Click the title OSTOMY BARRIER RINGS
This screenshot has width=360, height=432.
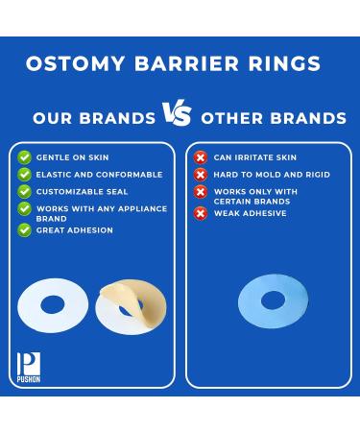[x=172, y=64]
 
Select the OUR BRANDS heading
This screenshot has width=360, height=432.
[x=94, y=119]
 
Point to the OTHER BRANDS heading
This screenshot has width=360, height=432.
[x=273, y=119]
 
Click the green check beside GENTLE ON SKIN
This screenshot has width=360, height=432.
[x=25, y=157]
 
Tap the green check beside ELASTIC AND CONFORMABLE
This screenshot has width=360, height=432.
[x=25, y=175]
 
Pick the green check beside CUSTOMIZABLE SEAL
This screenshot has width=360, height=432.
[x=25, y=191]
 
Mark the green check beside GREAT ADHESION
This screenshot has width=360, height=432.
[x=25, y=230]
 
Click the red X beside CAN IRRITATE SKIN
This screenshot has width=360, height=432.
[x=201, y=157]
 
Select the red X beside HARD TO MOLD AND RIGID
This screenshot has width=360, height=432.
[x=201, y=175]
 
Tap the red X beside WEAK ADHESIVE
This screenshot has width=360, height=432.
[x=201, y=213]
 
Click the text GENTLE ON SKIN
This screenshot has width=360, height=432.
[x=72, y=157]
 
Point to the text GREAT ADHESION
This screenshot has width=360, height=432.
[x=74, y=230]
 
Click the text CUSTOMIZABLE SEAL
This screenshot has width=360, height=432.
[x=80, y=191]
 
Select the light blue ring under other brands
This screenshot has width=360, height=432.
[x=274, y=300]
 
